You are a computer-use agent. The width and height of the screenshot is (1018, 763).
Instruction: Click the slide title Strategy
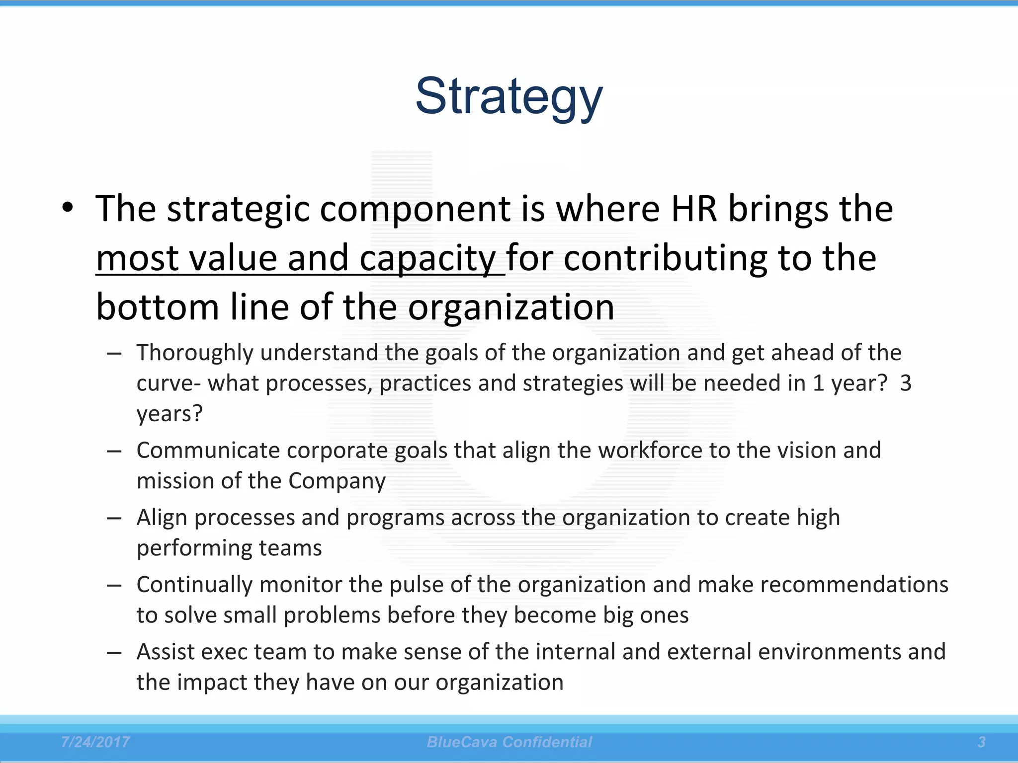(509, 97)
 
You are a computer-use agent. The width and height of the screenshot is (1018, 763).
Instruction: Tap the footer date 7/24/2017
(95, 742)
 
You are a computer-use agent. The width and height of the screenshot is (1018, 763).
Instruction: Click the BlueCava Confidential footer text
(509, 742)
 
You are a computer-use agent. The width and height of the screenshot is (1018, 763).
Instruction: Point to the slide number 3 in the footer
(981, 742)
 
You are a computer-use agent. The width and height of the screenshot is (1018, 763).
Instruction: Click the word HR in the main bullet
(694, 209)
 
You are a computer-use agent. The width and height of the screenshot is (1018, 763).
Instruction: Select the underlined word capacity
(427, 258)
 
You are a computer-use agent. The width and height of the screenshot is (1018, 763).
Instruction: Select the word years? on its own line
(170, 414)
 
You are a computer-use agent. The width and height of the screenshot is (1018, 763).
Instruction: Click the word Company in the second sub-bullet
(337, 481)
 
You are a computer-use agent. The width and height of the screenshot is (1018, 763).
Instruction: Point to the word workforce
(650, 451)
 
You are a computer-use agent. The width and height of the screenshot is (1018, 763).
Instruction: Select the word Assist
(166, 652)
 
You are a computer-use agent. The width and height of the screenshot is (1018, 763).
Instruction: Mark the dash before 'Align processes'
(114, 518)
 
